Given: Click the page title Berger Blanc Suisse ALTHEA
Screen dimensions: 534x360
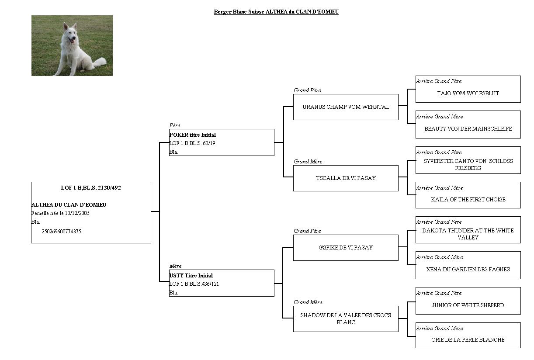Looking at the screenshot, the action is pos(276,12).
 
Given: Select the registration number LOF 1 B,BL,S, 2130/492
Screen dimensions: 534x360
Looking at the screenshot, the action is pos(91,188).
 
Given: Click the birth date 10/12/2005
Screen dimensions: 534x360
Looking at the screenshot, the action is pos(77,213).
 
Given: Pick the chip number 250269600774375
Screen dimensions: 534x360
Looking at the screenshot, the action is pos(61,231).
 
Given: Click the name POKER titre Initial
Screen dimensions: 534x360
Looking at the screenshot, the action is pos(192,135).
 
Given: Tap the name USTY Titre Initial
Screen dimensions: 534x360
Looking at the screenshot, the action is pos(191,276).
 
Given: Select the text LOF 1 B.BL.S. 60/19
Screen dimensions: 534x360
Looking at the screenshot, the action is pos(192,143).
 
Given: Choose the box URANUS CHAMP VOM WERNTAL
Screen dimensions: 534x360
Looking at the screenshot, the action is pos(346,107).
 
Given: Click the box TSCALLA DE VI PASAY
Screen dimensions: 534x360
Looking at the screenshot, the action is pos(346,178).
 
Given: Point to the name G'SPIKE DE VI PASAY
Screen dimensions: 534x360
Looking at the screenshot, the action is pos(346,248).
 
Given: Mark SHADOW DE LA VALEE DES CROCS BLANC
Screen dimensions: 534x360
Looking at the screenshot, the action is pos(346,319).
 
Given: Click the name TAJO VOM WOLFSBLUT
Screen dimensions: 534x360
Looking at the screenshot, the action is pos(468,93).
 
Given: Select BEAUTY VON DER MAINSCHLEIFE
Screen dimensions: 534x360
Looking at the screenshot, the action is pos(468,129).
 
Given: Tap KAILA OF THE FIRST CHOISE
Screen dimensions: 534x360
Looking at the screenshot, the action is pos(468,200).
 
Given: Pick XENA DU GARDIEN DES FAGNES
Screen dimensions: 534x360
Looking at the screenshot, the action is pos(468,270).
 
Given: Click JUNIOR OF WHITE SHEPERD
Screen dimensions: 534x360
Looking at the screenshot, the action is pos(468,305).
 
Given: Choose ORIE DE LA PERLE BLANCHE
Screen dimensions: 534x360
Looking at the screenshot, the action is pos(468,340).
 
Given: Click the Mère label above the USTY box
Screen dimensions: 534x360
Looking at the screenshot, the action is pos(176,266).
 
